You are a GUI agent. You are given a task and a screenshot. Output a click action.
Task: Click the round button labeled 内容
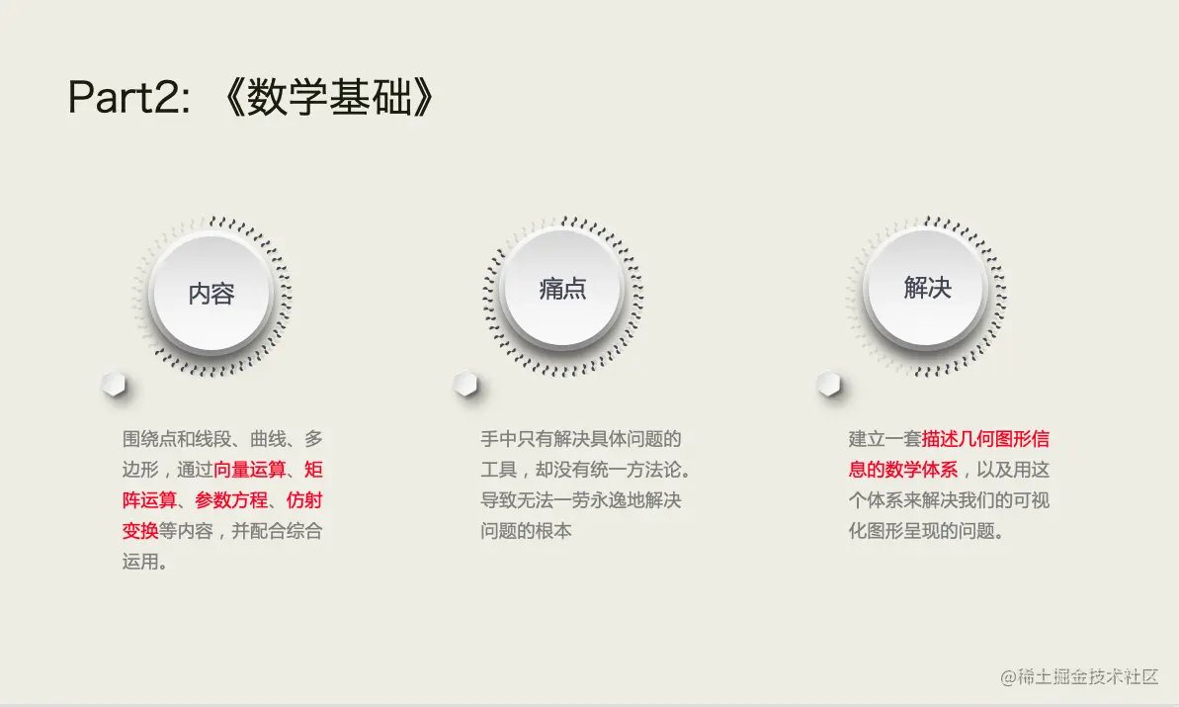[x=211, y=294]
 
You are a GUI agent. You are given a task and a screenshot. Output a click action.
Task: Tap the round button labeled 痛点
[x=562, y=289]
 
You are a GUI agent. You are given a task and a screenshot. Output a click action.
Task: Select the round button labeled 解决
[x=927, y=288]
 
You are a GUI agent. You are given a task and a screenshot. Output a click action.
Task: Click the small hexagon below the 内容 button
[x=115, y=385]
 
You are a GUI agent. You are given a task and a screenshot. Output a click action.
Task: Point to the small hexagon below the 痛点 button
[x=465, y=385]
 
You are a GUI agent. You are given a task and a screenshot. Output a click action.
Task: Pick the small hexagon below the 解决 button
[x=829, y=385]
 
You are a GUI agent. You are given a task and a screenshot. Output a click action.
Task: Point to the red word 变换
[x=140, y=531]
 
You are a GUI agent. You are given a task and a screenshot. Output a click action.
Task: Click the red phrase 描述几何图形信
[x=985, y=438]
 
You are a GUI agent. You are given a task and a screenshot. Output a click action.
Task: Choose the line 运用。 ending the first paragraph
[x=144, y=562]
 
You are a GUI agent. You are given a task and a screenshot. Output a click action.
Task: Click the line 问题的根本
[x=527, y=531]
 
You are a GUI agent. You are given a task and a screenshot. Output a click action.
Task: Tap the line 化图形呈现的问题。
[x=927, y=531]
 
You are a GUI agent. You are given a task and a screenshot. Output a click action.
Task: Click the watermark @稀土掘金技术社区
[x=1078, y=676]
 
